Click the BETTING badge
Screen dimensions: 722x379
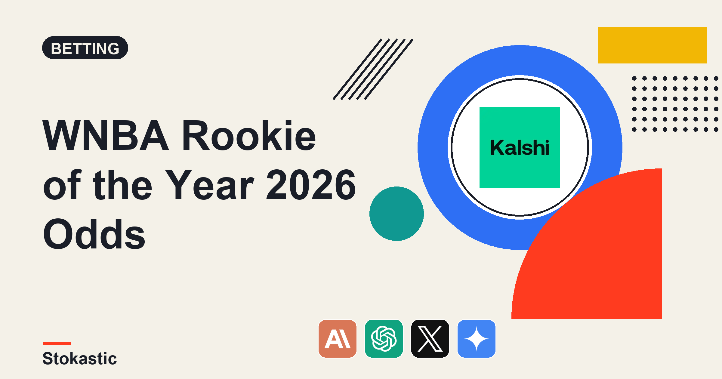(x=85, y=48)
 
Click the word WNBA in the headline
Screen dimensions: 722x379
(x=106, y=135)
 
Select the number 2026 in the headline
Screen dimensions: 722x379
(x=311, y=184)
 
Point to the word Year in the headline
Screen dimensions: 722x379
(x=209, y=184)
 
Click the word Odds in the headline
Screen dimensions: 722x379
(x=94, y=234)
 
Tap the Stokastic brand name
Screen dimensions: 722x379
(x=80, y=359)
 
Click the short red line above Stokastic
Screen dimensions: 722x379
(x=57, y=344)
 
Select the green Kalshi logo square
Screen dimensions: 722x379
(x=520, y=147)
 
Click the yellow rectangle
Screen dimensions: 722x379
(x=652, y=45)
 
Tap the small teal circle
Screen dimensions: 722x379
(x=396, y=214)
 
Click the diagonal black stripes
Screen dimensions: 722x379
(x=373, y=69)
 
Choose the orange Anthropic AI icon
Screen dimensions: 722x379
(x=338, y=339)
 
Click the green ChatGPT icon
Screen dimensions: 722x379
(x=384, y=339)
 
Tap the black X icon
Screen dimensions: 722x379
(x=430, y=339)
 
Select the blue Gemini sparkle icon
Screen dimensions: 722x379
(x=477, y=339)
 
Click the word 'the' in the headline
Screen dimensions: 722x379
(x=122, y=184)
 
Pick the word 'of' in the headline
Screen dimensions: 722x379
(x=62, y=184)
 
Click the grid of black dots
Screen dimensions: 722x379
(x=675, y=104)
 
